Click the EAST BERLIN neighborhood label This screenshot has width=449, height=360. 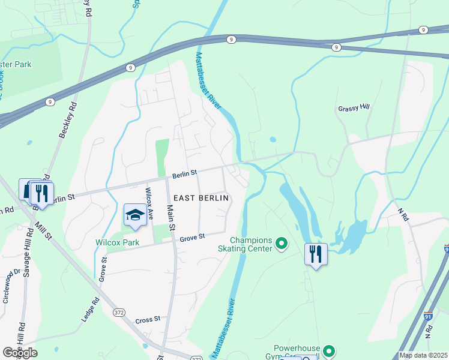click(201, 197)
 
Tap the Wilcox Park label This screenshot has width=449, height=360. click(117, 243)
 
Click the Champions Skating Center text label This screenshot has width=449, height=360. click(251, 244)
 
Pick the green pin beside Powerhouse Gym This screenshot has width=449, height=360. click(328, 351)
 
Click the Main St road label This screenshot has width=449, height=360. click(170, 218)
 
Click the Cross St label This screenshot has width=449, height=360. click(148, 320)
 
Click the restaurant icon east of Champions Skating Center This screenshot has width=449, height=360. click(315, 254)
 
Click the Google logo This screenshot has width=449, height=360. click(20, 353)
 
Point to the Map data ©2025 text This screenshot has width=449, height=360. click(423, 355)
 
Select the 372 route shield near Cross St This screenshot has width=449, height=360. click(119, 313)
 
